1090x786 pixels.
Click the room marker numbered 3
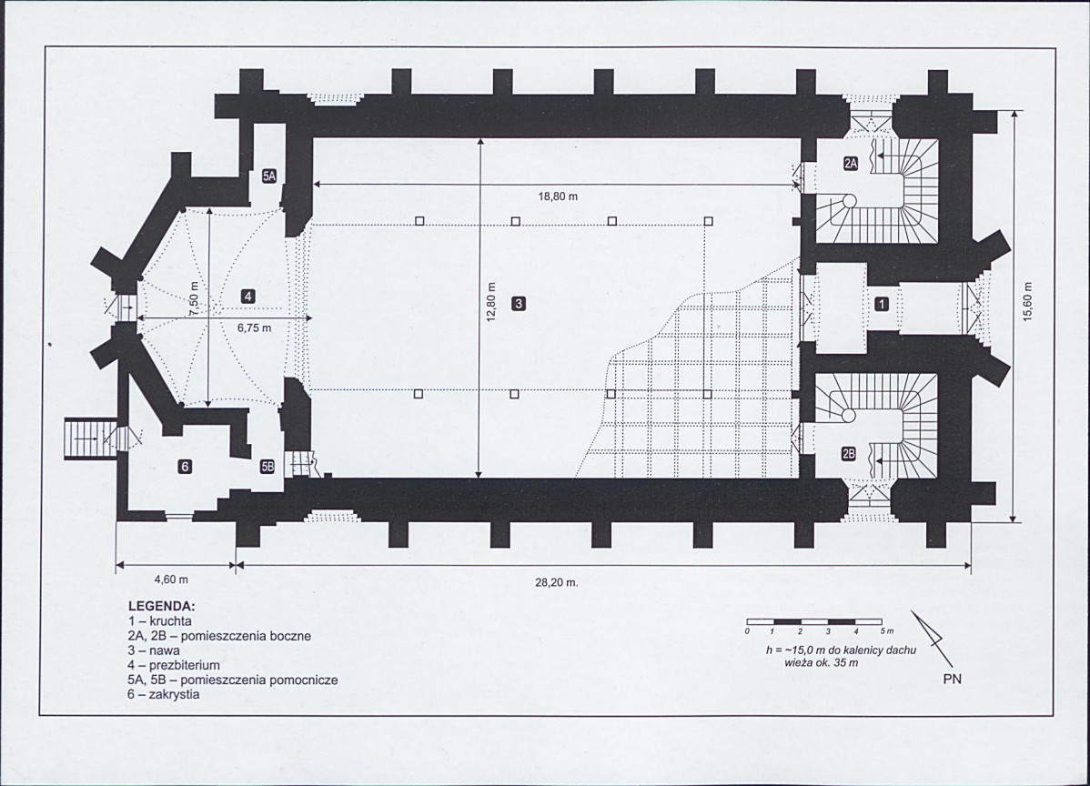point(518,303)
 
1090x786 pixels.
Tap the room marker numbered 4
point(247,297)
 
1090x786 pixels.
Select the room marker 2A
point(851,164)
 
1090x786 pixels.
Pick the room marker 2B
point(849,455)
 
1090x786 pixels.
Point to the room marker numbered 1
point(882,304)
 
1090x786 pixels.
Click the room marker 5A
point(269,176)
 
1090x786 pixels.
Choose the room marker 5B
point(267,467)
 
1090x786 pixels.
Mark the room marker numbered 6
point(185,467)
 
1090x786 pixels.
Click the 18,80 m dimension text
point(558,196)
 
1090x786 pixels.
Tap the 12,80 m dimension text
point(490,302)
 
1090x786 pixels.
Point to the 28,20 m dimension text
point(556,582)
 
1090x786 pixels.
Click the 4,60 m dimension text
point(171,579)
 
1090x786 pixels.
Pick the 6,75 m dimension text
point(255,328)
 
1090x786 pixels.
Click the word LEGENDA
point(162,606)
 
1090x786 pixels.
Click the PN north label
point(953,679)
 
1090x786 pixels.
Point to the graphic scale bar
point(814,622)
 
